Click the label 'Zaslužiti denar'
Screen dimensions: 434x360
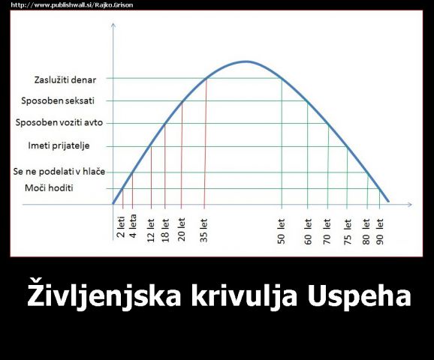(65, 80)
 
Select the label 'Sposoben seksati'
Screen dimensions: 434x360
(58, 100)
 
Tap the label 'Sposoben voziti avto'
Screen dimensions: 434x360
(59, 122)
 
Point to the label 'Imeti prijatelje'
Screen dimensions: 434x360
(59, 145)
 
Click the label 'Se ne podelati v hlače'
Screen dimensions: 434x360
(59, 172)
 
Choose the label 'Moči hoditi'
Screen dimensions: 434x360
(49, 188)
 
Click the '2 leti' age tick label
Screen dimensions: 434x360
(121, 227)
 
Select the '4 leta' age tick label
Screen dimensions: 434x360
(133, 226)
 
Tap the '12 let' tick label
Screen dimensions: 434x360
(151, 230)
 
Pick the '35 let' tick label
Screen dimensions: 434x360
(203, 230)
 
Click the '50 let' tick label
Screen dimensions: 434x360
(281, 232)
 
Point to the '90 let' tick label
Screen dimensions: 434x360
(380, 232)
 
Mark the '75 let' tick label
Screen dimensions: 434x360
(348, 232)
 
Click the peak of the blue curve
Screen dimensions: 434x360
(246, 61)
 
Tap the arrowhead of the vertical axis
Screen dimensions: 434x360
(113, 25)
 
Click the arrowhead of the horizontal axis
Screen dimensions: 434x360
(410, 204)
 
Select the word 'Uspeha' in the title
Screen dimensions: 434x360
(360, 295)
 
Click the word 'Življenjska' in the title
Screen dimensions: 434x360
(104, 295)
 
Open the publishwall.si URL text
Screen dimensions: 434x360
(72, 5)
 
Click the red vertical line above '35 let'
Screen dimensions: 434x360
(206, 142)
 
